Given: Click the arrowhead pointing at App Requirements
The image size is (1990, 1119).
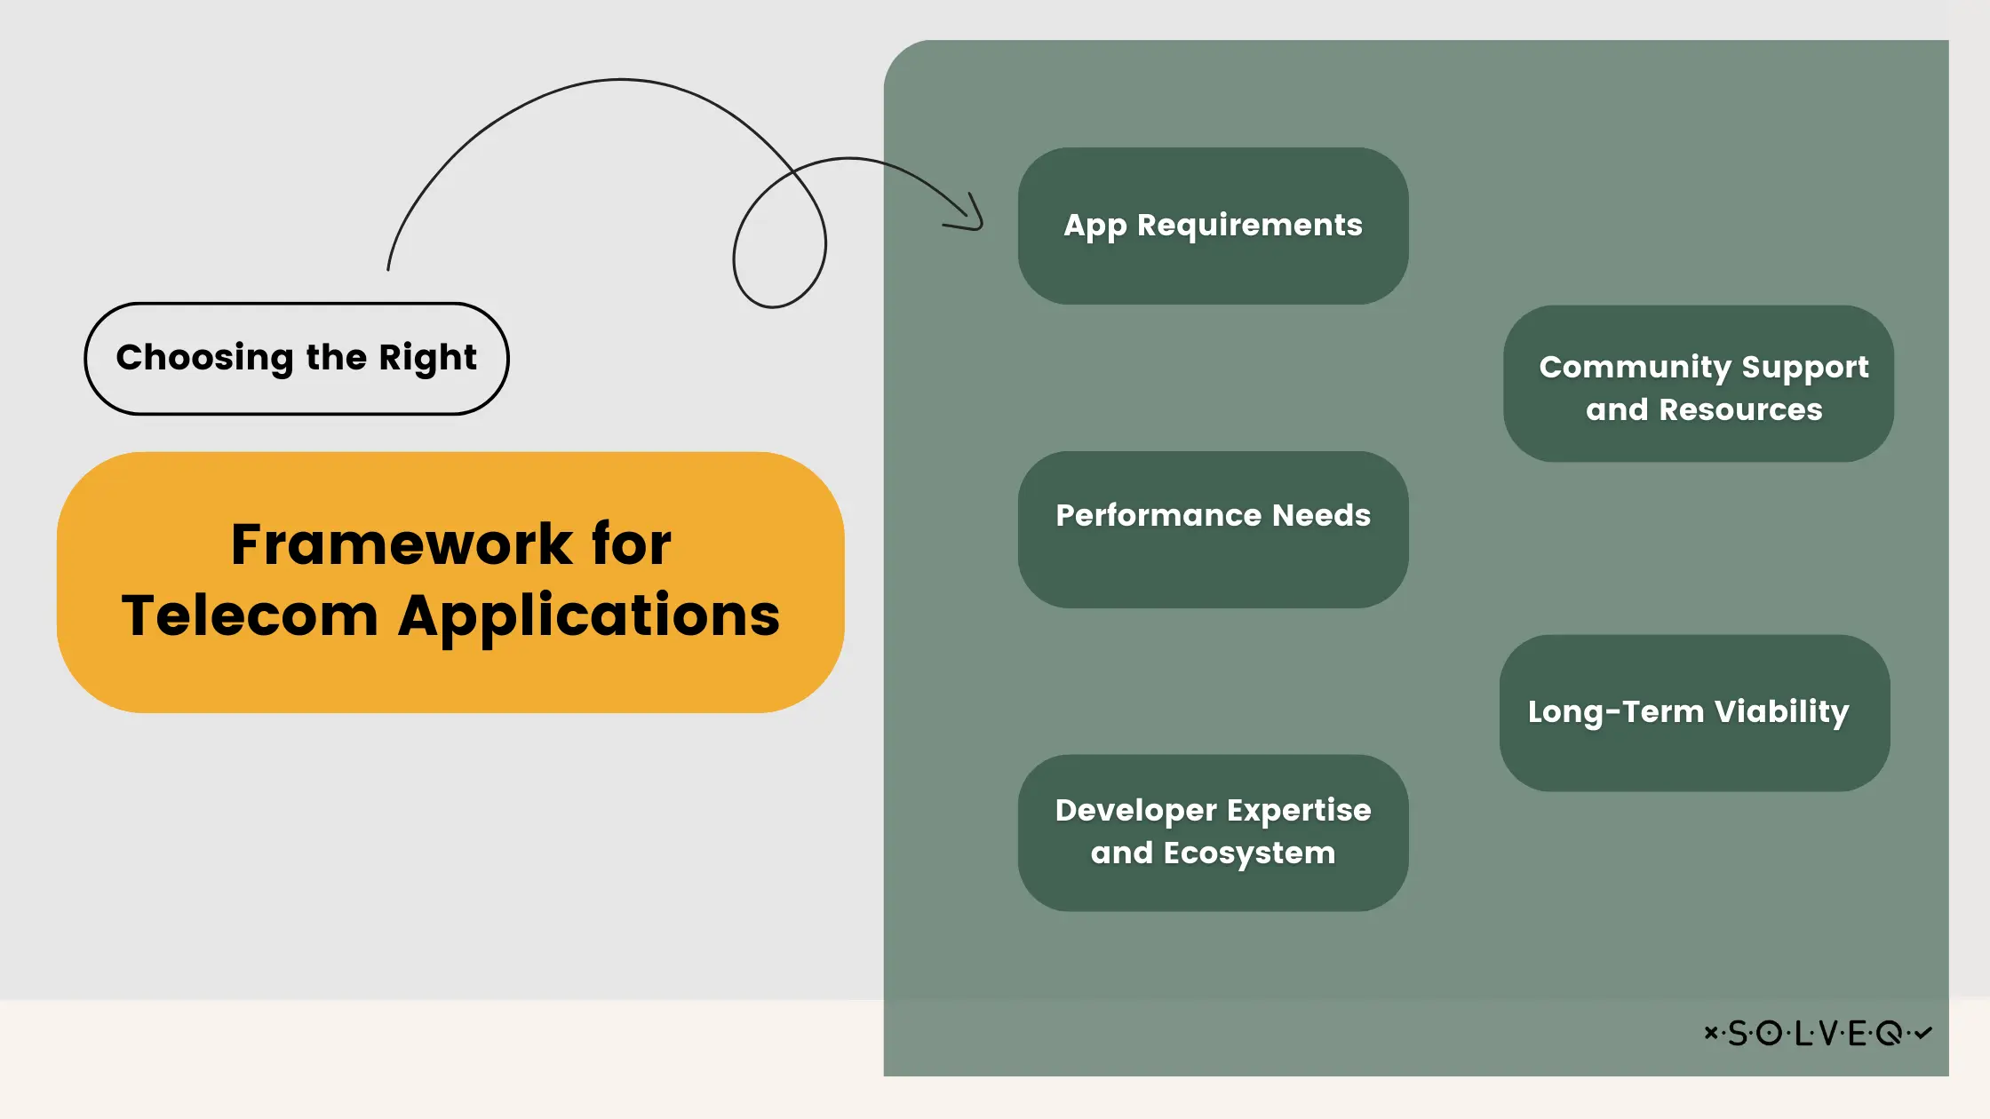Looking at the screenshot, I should (x=973, y=218).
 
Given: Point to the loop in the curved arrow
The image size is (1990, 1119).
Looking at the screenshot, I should (x=779, y=240).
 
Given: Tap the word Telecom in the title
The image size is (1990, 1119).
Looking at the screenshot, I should (x=251, y=615).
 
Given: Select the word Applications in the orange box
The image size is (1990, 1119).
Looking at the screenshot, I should (x=589, y=615).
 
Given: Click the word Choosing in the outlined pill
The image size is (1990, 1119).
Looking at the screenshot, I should (x=204, y=358).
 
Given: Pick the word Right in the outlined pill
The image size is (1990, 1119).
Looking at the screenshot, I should (x=427, y=358).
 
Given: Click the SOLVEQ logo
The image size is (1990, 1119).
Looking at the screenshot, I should (x=1818, y=1033).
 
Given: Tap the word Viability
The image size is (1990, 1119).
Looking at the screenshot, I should (x=1781, y=711).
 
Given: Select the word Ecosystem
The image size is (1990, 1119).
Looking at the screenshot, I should (x=1249, y=853).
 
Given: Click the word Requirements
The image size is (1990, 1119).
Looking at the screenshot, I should (x=1249, y=225).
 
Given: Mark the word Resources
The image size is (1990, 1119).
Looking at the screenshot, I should (x=1740, y=409).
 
